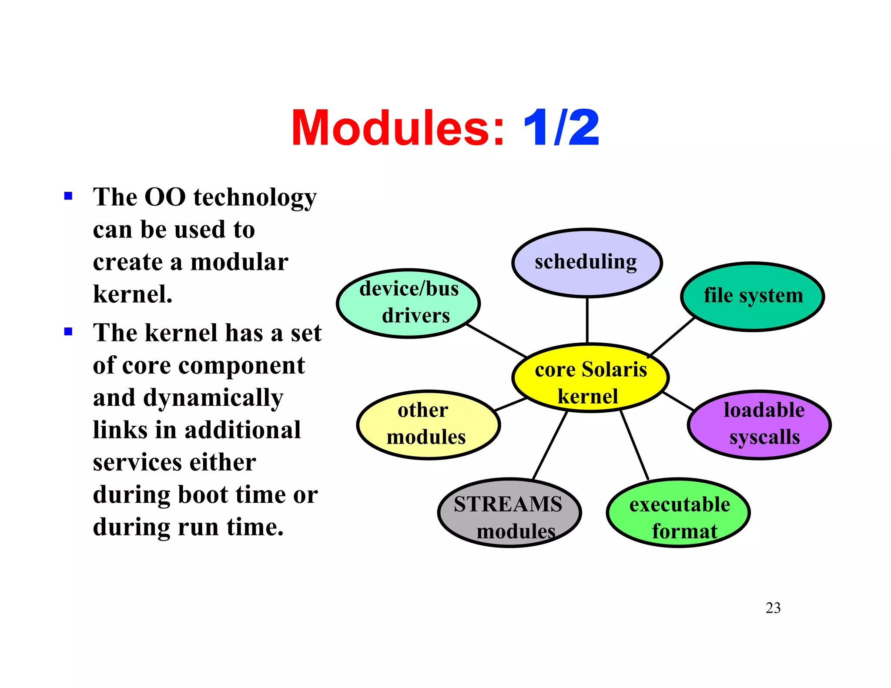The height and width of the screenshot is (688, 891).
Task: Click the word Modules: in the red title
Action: click(397, 128)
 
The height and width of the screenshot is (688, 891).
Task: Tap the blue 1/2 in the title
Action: click(561, 128)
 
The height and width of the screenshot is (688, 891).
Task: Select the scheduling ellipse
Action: click(586, 263)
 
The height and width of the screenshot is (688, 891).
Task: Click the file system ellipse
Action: click(752, 296)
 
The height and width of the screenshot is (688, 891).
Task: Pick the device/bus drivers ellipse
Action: click(408, 303)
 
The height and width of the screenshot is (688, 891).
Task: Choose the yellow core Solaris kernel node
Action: click(590, 377)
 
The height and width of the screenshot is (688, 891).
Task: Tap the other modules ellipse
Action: click(428, 424)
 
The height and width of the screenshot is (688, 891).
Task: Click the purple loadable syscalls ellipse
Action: click(759, 424)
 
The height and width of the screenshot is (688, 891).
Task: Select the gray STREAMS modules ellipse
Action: click(509, 512)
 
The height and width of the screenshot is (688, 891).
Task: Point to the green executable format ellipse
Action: click(678, 512)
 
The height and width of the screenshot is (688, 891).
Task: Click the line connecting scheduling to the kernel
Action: click(587, 321)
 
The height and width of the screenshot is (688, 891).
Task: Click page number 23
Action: click(773, 608)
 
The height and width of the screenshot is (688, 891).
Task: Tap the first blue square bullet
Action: click(68, 196)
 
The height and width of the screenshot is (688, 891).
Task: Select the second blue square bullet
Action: click(68, 332)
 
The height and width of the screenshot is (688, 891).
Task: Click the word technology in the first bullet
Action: click(255, 198)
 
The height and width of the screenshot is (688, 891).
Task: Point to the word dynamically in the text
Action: click(213, 398)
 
